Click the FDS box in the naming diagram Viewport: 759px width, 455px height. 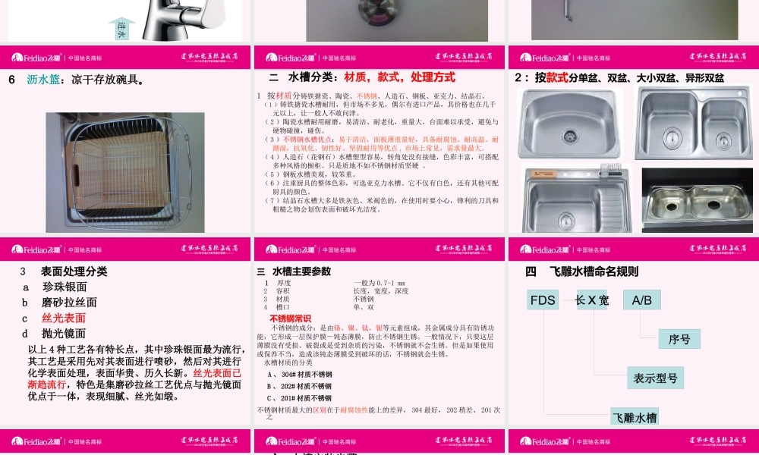(x=543, y=300)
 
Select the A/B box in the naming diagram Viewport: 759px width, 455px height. (x=641, y=300)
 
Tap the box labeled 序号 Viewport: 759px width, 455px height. (x=679, y=339)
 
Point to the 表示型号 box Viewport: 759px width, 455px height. (x=656, y=378)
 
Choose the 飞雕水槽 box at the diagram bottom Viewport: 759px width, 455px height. (x=635, y=416)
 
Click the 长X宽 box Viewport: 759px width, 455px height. (x=591, y=300)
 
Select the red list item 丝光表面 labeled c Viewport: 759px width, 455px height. (x=63, y=318)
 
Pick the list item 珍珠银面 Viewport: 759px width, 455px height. (x=65, y=287)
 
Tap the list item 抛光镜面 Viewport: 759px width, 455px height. (x=64, y=333)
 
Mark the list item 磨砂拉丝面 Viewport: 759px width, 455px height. (x=69, y=302)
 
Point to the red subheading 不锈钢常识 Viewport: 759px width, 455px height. (x=290, y=318)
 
